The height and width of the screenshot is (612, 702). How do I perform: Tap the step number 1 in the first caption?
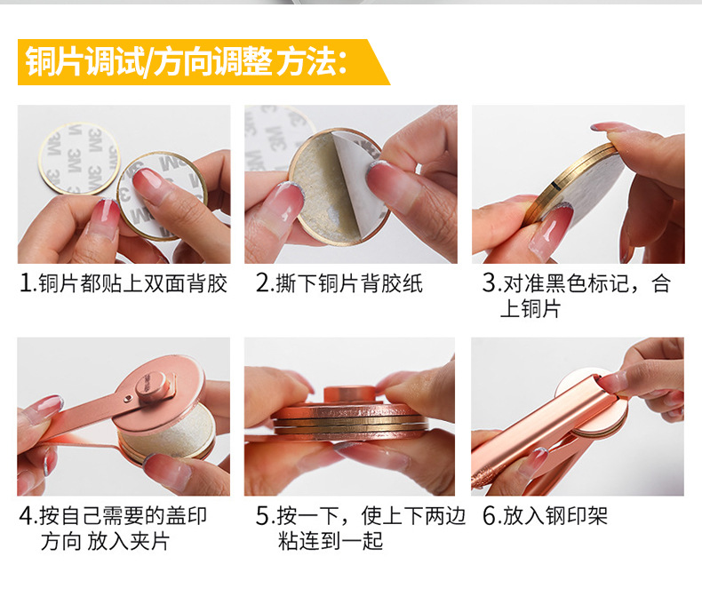26,283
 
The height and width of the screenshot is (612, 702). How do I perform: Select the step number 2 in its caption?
262,283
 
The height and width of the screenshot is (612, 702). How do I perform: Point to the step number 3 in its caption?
490,283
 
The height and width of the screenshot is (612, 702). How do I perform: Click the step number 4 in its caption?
26,516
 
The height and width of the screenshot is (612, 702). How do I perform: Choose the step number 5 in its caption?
262,516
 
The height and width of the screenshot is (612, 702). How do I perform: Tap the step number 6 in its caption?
490,516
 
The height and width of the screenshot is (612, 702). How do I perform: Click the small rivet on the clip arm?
129,397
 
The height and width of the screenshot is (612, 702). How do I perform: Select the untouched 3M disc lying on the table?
78,158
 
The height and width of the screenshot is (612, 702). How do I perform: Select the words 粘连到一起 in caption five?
331,541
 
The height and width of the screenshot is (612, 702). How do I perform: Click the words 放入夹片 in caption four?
129,541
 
